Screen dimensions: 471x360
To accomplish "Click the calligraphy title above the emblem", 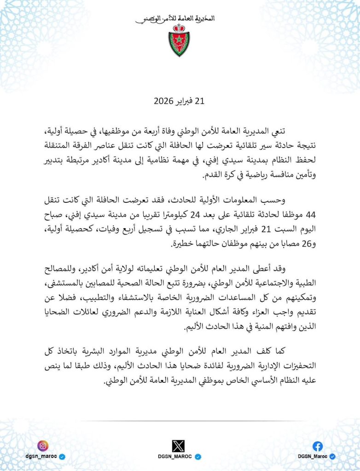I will pyautogui.click(x=175, y=19).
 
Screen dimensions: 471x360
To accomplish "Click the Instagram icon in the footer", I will pyautogui.click(x=43, y=445).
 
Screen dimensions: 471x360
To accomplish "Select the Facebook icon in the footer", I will pyautogui.click(x=318, y=446).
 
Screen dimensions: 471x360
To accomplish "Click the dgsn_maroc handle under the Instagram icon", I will pyautogui.click(x=40, y=456).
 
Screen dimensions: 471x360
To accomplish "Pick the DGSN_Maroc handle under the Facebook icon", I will pyautogui.click(x=313, y=456).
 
